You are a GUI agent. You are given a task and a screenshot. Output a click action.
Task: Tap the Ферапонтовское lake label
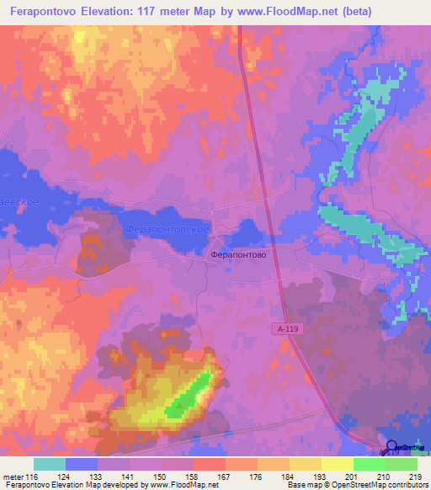167,228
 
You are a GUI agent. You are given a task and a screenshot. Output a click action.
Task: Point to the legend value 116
32,477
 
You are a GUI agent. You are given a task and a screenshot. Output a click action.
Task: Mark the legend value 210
385,477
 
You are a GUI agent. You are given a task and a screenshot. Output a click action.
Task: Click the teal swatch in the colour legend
50,464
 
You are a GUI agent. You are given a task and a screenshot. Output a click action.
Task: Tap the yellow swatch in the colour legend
337,464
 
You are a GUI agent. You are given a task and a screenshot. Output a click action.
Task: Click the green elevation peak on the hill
189,397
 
